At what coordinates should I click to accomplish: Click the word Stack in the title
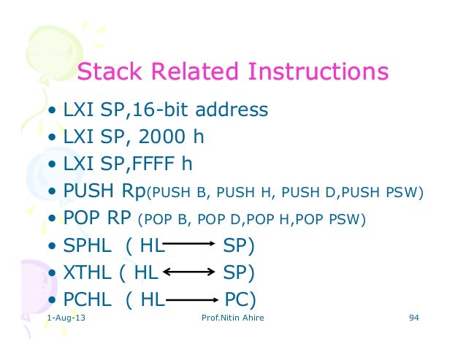(x=110, y=72)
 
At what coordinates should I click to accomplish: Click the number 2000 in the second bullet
(x=165, y=137)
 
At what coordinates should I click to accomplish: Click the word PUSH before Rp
(x=91, y=191)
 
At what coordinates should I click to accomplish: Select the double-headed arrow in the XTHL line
(x=188, y=273)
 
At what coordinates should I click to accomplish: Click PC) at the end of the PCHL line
(x=240, y=299)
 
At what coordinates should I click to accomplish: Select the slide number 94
(x=414, y=320)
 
